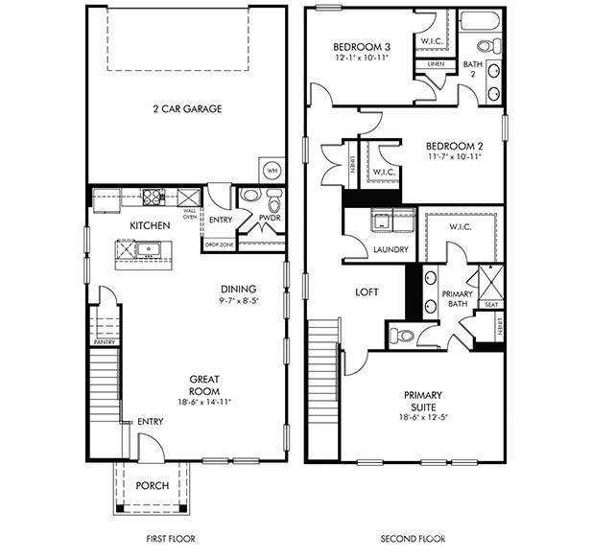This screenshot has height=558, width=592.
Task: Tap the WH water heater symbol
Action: coord(272,171)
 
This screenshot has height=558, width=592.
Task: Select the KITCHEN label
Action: coord(150,225)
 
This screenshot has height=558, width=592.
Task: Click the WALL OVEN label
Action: coord(190,212)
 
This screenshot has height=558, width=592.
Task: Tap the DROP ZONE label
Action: coord(220,245)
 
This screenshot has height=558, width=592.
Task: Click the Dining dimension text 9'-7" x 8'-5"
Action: coord(240,300)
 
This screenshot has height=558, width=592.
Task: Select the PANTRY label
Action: coord(105,341)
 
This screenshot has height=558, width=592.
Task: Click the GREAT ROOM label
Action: coord(206,384)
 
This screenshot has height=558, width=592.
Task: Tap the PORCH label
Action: coord(152,485)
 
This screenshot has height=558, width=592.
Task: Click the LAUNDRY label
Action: coord(391,249)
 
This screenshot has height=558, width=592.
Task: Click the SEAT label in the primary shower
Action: coord(490,305)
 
